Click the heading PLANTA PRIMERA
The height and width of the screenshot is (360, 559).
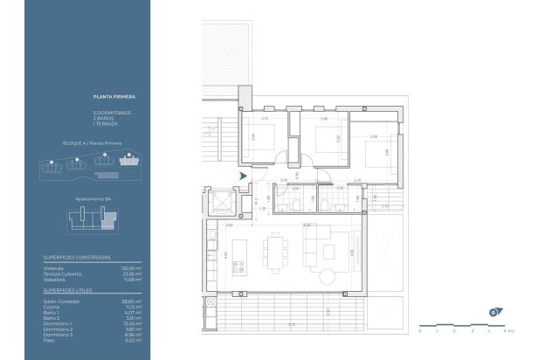(112, 97)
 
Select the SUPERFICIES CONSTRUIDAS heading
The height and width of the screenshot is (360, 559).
(77, 258)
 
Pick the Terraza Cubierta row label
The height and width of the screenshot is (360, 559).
(63, 273)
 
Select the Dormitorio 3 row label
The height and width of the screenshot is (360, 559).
(59, 334)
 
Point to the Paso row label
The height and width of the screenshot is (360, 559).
(50, 340)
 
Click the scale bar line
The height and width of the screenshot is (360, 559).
(463, 325)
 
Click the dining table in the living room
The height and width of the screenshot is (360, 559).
(278, 252)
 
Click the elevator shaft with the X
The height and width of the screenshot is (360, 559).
(220, 204)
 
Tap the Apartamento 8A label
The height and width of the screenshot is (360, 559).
(93, 198)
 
